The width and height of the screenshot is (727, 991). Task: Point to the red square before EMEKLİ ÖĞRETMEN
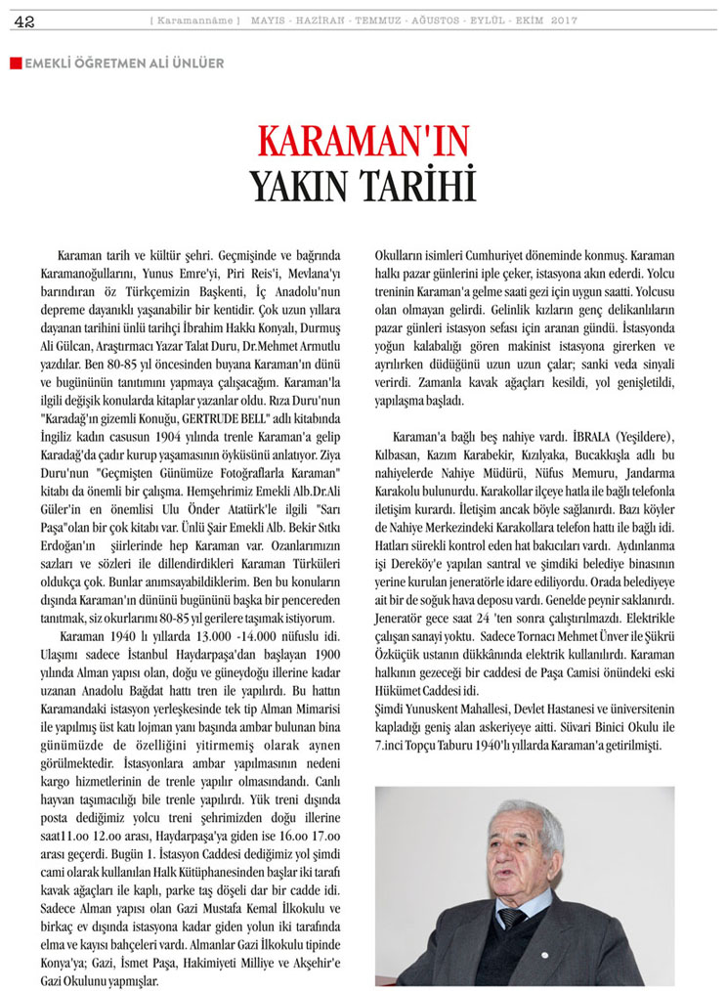tap(15, 64)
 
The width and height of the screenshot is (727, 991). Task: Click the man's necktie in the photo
tap(507, 917)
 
